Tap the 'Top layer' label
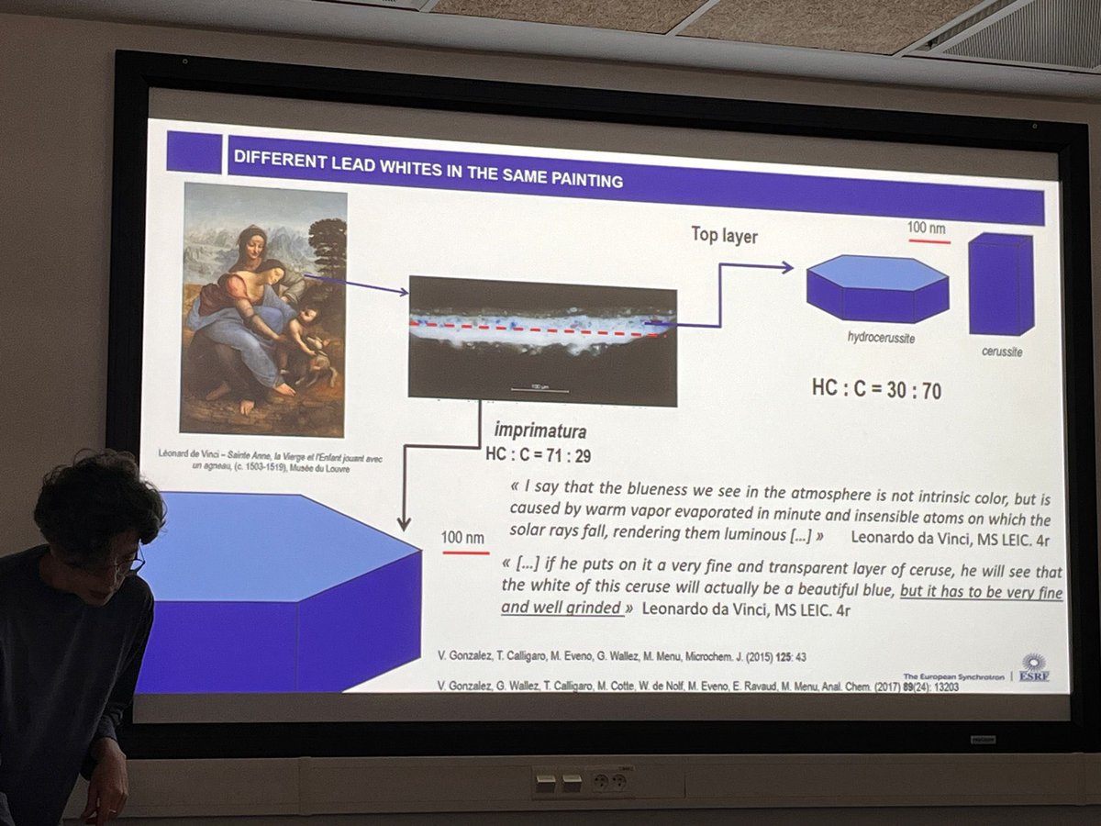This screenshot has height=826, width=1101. [724, 236]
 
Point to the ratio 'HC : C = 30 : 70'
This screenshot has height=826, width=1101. [876, 389]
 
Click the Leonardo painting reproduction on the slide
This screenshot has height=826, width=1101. [264, 308]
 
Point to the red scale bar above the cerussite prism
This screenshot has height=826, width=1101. [929, 241]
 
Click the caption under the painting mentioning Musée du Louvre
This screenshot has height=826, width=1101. [261, 459]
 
